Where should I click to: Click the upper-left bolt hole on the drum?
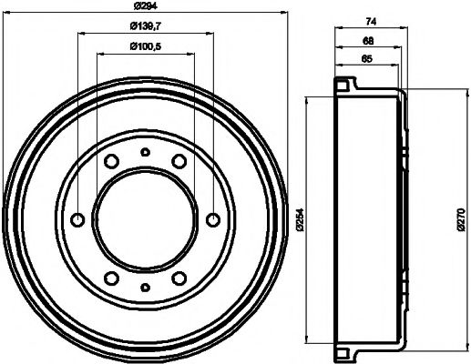110,161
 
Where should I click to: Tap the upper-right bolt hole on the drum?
180,161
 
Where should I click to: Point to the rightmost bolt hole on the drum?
214,219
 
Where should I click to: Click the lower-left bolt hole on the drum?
111,278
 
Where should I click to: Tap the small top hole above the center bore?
146,152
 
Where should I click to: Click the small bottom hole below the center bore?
146,288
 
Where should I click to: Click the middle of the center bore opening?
146,219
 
